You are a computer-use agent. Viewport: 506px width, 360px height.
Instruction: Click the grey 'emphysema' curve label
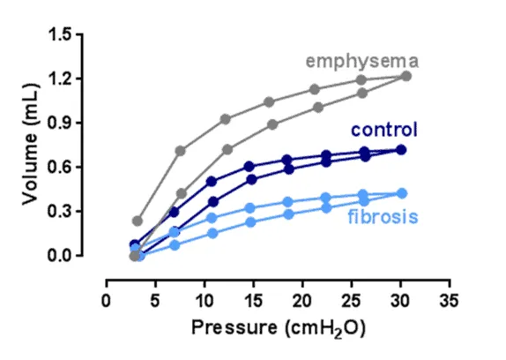[361, 61]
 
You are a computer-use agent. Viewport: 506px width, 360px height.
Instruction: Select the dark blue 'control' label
[384, 131]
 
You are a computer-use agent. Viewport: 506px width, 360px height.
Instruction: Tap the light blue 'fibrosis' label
[382, 215]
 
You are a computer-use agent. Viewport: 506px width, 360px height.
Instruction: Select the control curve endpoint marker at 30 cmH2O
[401, 150]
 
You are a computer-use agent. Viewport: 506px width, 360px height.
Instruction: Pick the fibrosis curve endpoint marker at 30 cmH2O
[401, 193]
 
